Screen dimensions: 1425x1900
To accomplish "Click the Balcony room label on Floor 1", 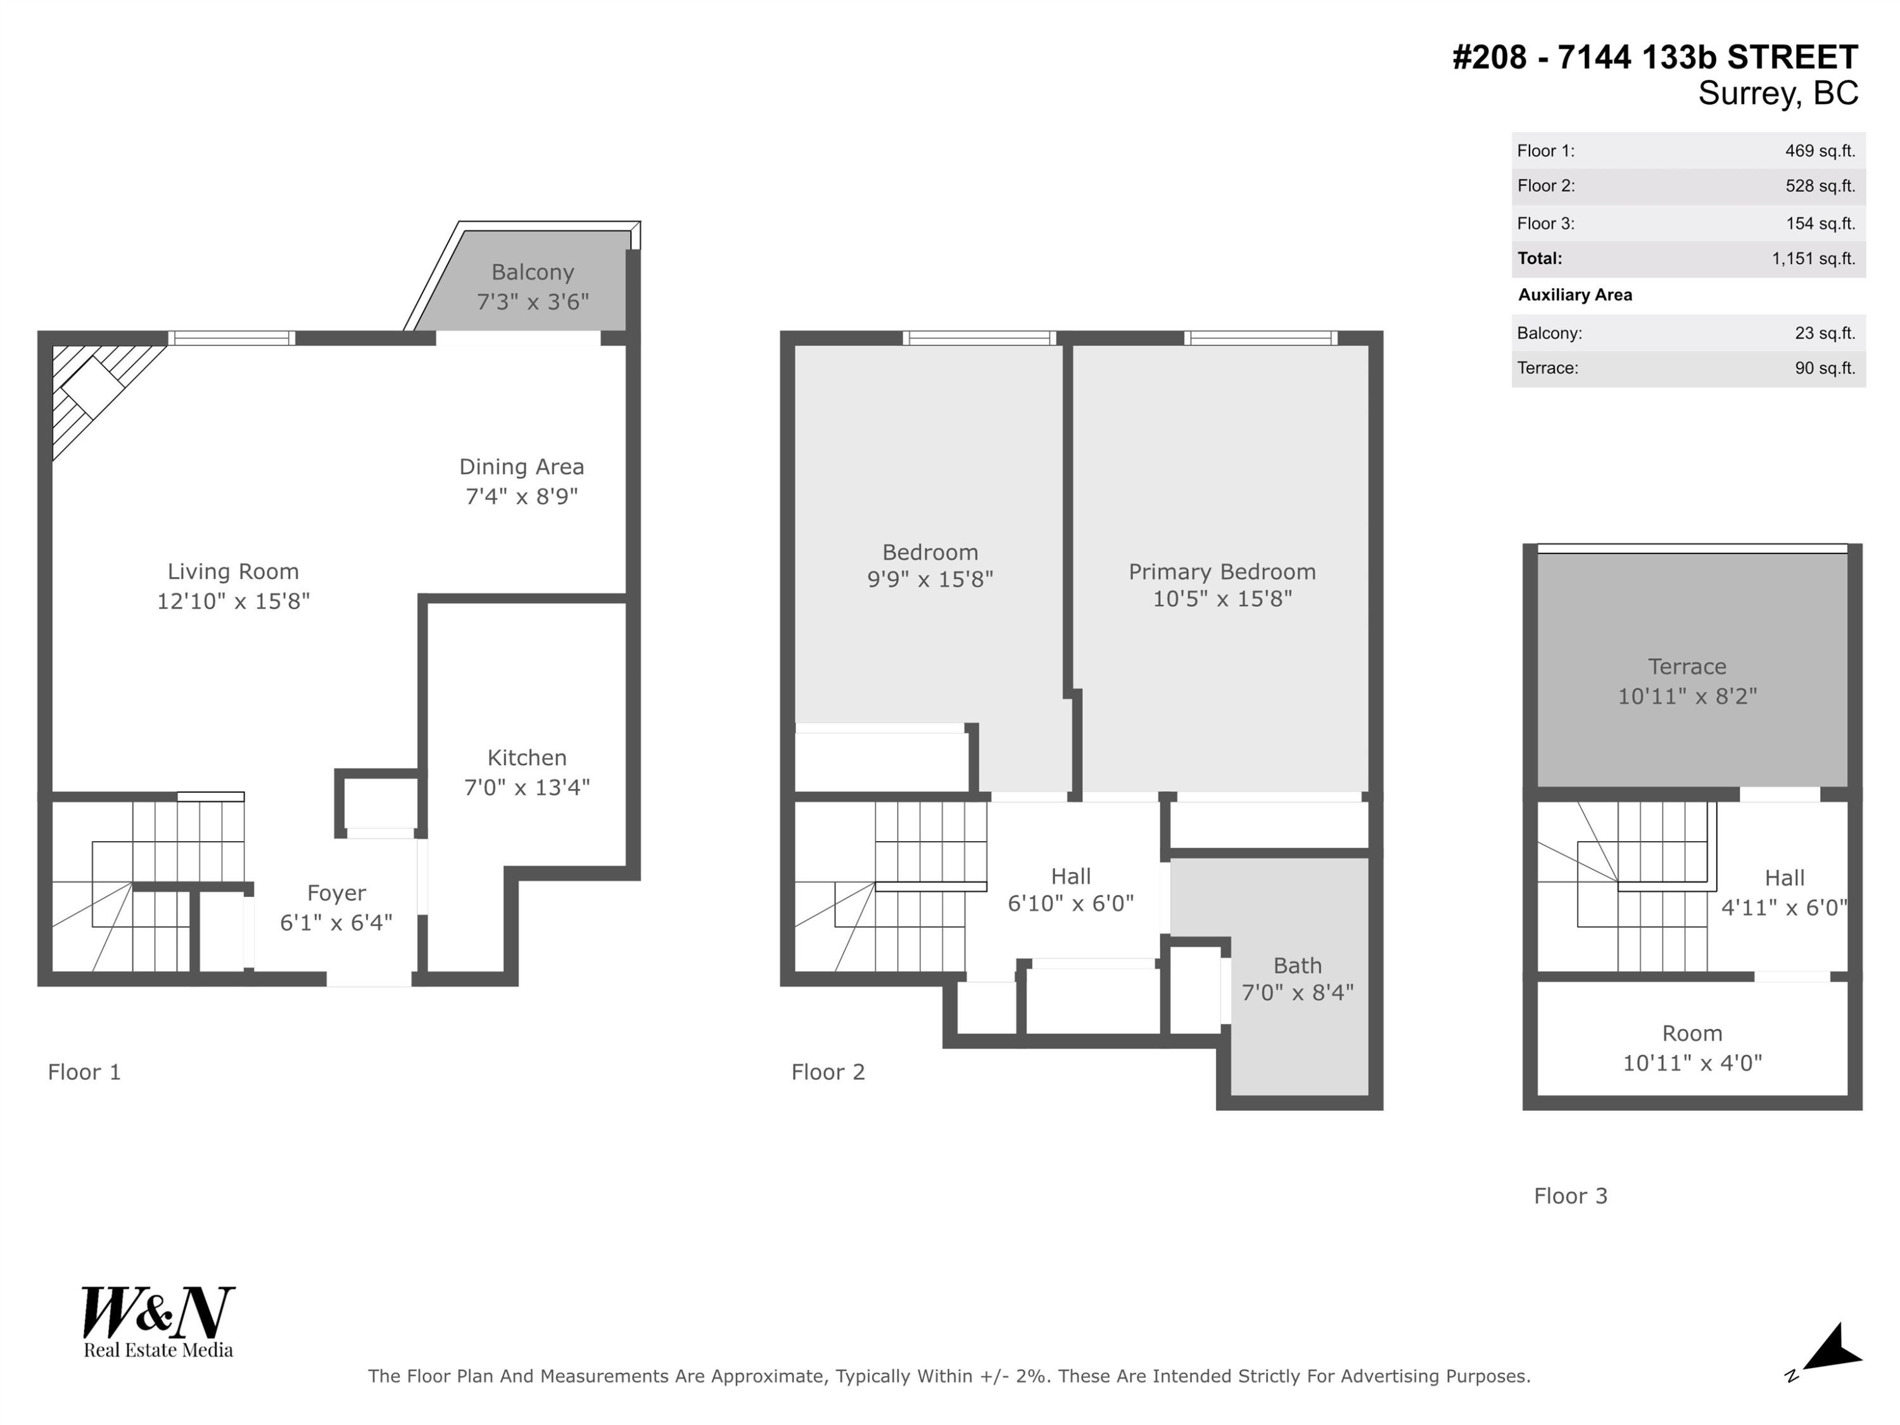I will click(x=532, y=272).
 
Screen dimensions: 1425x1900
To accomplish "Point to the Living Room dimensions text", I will click(x=233, y=601).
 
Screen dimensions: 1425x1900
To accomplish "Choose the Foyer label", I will click(x=336, y=893).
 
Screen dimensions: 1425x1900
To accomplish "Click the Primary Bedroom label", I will click(x=1222, y=572).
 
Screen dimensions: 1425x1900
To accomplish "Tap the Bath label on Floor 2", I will click(x=1297, y=965).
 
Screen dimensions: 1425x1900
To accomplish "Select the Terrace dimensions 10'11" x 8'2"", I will click(x=1687, y=697).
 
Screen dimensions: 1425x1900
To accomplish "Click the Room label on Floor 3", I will click(x=1691, y=1034).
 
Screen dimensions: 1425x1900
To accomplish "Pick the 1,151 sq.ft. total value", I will click(x=1813, y=258).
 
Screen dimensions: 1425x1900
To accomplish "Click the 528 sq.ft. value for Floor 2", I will click(x=1820, y=186).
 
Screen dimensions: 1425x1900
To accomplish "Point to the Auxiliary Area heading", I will click(x=1574, y=294).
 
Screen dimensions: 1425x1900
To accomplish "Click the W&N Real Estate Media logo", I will click(x=158, y=1322).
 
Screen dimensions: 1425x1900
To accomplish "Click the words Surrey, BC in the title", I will click(x=1777, y=92).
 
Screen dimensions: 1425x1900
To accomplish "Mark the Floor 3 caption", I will click(x=1570, y=1196).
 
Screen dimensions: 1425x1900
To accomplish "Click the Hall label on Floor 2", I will click(x=1070, y=876).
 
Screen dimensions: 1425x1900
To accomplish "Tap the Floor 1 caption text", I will click(x=84, y=1072).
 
